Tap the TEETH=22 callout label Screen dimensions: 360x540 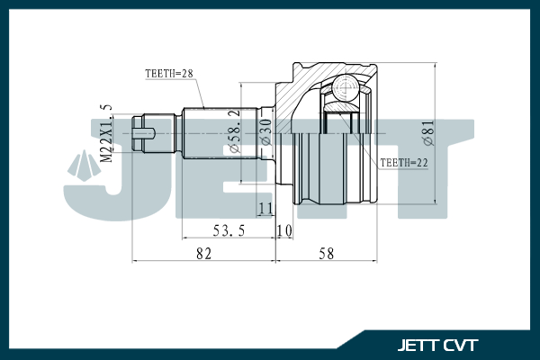402,162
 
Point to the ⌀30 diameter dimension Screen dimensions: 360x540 265,132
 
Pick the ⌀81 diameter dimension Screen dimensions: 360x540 429,133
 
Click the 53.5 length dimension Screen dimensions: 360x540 229,229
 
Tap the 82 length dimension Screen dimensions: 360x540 203,254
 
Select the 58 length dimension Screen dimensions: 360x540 326,254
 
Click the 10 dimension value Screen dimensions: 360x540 284,230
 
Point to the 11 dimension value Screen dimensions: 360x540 265,209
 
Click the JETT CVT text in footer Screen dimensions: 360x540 437,345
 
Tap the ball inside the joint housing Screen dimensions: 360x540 344,87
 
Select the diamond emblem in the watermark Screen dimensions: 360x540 83,166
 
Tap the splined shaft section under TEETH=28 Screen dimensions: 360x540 211,133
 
